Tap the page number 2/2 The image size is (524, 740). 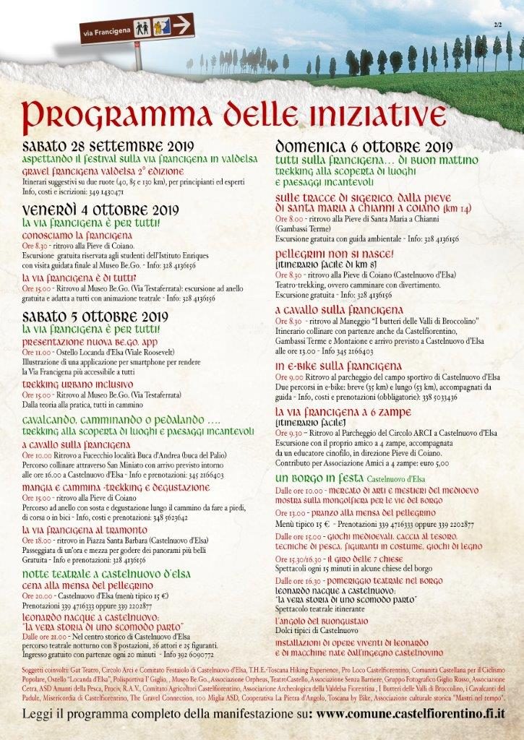[x=498, y=25]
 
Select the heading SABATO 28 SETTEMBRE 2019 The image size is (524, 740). [x=103, y=144]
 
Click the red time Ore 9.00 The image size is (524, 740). [x=290, y=377]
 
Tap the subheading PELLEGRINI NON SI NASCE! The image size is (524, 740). [x=334, y=254]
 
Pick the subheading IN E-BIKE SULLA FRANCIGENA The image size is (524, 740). [x=338, y=366]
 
